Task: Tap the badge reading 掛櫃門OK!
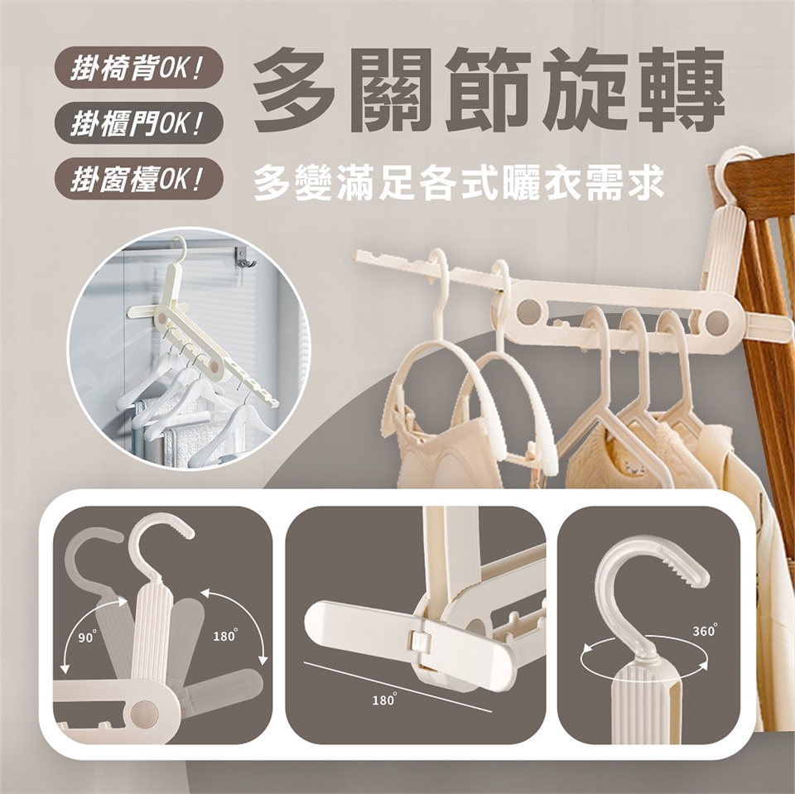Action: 139,124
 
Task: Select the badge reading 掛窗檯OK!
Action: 139,180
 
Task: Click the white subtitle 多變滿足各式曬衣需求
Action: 459,183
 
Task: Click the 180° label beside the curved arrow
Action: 225,635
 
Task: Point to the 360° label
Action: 705,630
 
